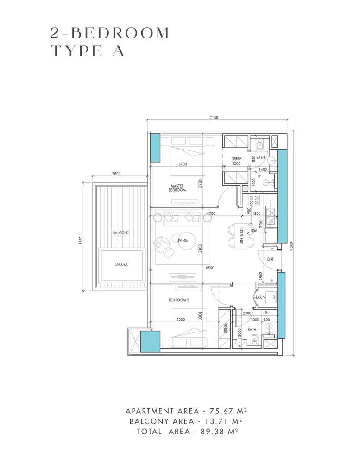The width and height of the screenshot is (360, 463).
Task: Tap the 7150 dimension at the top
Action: tap(213, 118)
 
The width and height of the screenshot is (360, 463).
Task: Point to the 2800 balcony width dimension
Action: tap(116, 174)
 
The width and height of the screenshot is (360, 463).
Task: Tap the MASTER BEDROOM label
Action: tap(177, 188)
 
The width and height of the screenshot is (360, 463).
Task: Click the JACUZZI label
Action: tap(121, 264)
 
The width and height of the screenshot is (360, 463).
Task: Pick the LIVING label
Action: tap(182, 240)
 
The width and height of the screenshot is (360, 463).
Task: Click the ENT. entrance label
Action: tap(271, 260)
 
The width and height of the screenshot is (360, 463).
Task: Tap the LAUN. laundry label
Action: tap(260, 297)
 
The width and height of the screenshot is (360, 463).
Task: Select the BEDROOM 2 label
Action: tap(178, 300)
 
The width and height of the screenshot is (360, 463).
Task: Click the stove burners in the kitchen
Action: tap(254, 200)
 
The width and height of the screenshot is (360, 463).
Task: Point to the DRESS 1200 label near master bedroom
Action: tap(236, 161)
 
